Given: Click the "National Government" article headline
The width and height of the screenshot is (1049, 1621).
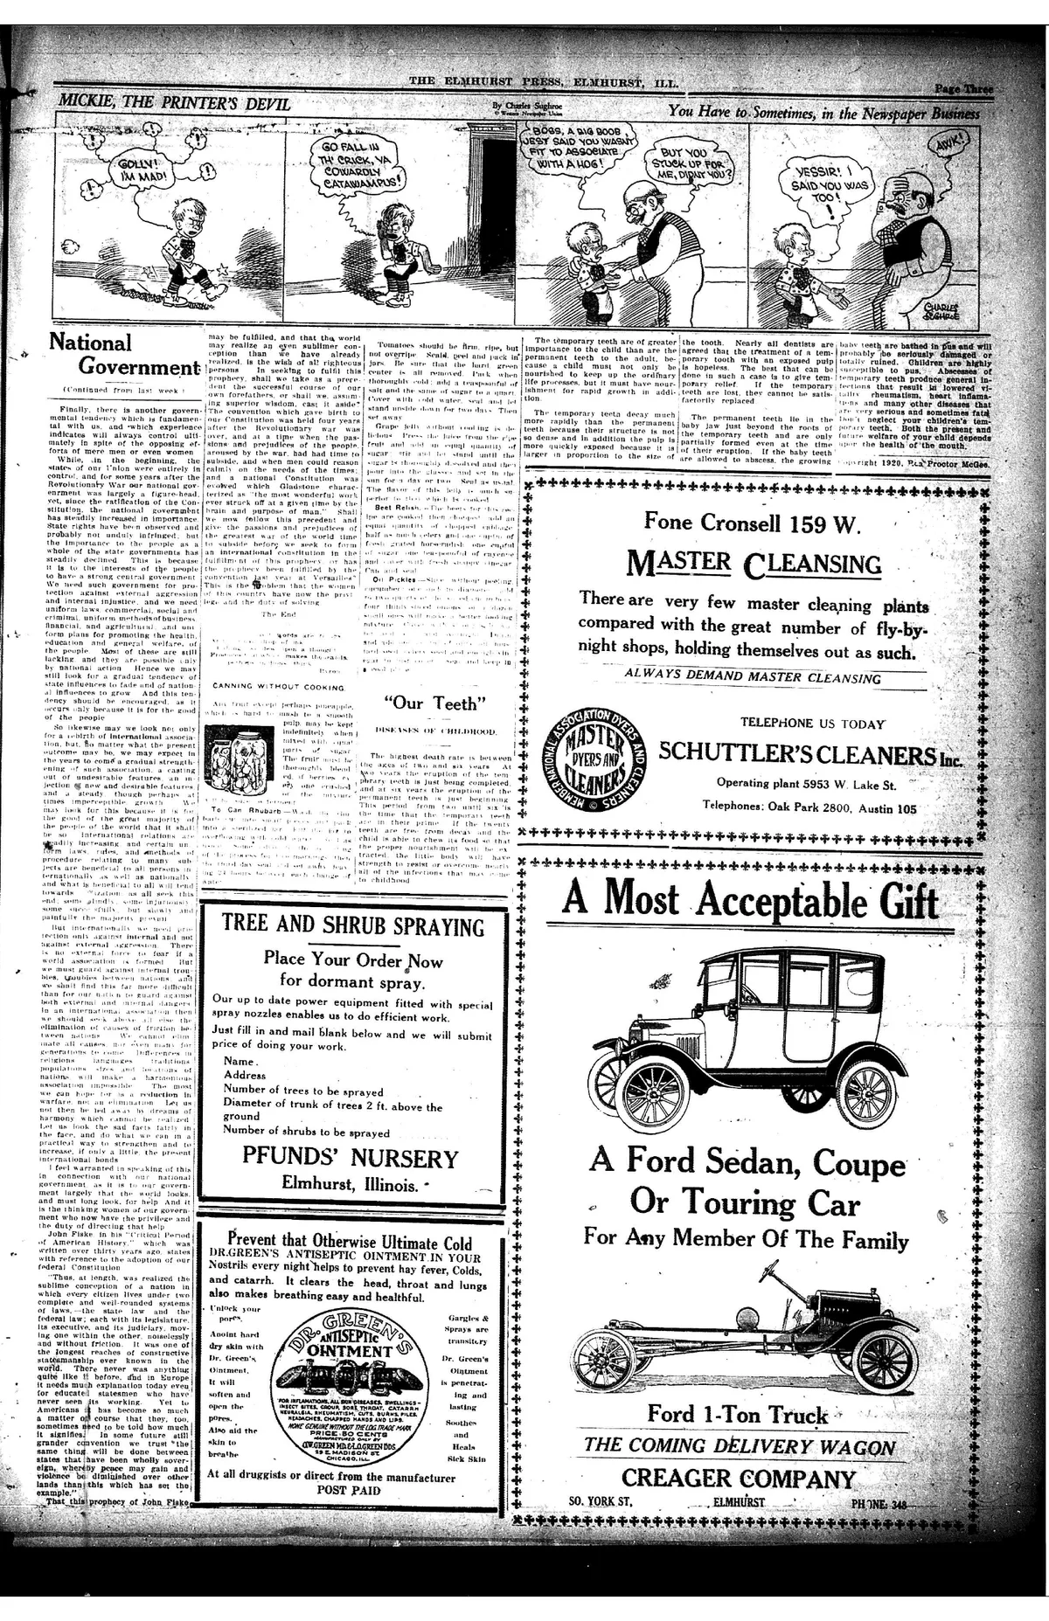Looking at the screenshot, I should pos(123,355).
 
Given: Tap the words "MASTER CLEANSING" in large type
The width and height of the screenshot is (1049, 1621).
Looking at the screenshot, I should pos(754,565).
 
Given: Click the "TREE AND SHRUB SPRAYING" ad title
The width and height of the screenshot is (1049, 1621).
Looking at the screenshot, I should pos(352,926).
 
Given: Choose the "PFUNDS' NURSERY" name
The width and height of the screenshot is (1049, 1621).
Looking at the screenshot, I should pos(350,1159).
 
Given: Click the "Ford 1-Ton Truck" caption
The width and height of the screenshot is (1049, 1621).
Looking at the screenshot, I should pos(737,1414).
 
